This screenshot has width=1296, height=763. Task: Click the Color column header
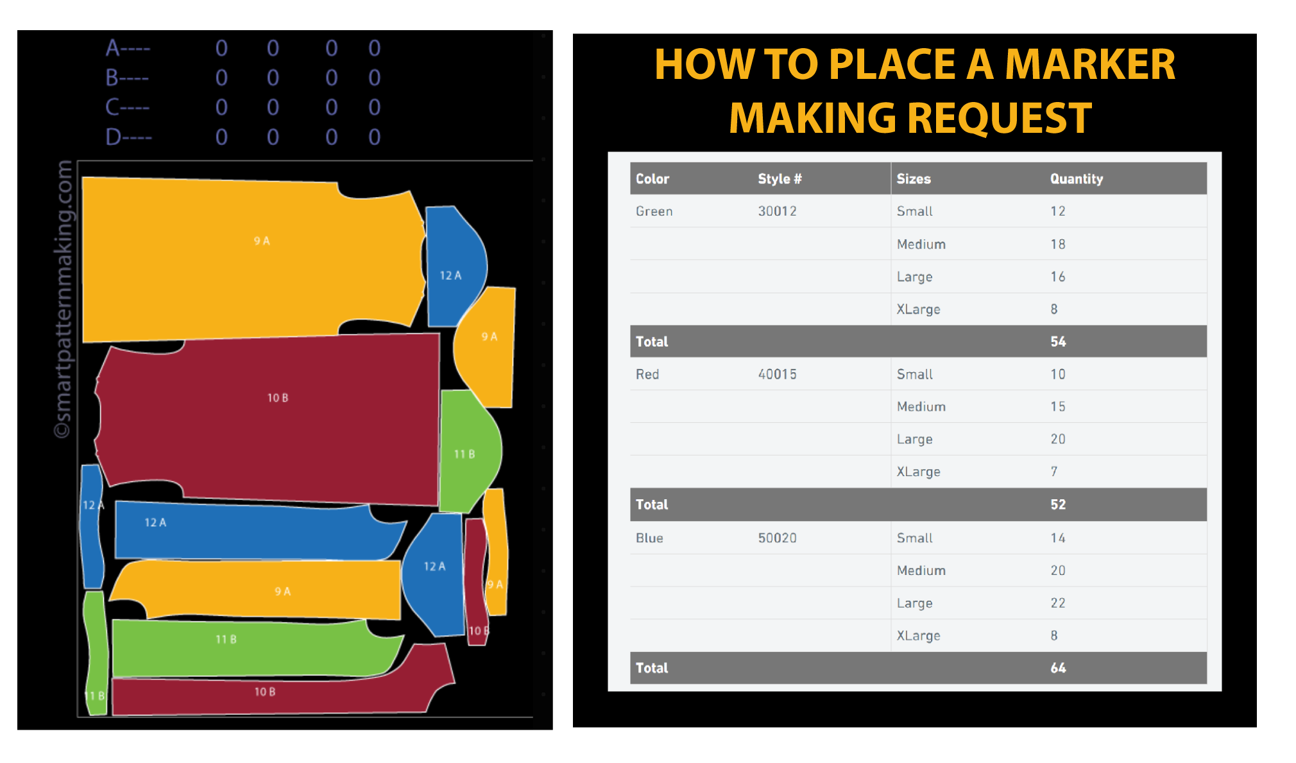coord(652,179)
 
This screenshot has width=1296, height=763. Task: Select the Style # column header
coord(780,179)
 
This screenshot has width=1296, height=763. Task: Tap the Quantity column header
coord(1076,179)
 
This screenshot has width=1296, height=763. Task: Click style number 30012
coord(777,211)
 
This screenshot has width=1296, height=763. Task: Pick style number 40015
coord(777,374)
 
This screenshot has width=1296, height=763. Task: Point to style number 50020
coord(777,538)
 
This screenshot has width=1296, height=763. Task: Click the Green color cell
coord(654,211)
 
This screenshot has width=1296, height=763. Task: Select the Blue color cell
coord(649,538)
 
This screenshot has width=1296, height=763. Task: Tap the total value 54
coord(1058,341)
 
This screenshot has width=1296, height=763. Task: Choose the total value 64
coord(1058,668)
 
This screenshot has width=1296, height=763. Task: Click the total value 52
coord(1058,504)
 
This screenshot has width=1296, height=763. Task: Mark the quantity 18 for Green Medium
coord(1058,244)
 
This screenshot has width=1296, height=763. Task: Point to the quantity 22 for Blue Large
coord(1058,603)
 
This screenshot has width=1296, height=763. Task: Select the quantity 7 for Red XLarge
coord(1054,472)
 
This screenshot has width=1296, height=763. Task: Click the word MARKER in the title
coord(1089,65)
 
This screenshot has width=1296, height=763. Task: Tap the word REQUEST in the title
coord(999,119)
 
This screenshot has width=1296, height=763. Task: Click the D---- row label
coord(128,137)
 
